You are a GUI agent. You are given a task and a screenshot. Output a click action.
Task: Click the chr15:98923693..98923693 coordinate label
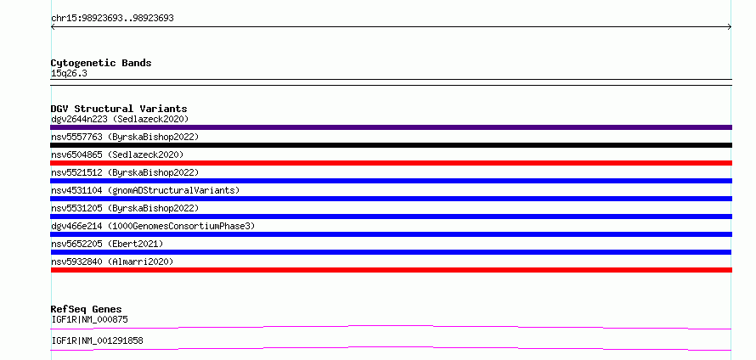point(112,19)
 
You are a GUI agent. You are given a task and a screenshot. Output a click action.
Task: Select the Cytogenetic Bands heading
point(101,63)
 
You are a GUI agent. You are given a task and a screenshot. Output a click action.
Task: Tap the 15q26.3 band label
point(69,74)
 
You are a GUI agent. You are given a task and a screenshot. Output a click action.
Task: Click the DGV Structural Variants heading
point(119,109)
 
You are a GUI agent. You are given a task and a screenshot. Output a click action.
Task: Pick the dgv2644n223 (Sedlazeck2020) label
point(120,119)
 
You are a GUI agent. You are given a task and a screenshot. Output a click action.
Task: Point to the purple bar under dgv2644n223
point(391,127)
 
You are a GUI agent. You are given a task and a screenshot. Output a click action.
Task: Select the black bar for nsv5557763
point(391,145)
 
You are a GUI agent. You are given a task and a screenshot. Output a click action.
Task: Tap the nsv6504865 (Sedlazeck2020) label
point(117,155)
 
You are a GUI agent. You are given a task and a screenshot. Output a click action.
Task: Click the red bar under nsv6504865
point(391,163)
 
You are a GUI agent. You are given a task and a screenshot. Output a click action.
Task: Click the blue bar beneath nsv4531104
point(391,199)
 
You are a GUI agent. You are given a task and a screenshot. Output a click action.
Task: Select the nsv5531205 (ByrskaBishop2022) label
point(125,208)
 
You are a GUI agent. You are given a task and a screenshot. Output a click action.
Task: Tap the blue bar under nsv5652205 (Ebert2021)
point(391,252)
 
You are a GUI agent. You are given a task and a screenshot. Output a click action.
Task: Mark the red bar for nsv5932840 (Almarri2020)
point(391,270)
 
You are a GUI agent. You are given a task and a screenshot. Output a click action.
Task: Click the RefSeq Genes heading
point(87,309)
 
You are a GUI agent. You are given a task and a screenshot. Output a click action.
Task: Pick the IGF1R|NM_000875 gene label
point(90,319)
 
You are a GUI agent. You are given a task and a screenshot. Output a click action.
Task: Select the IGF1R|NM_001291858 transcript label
point(97,340)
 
